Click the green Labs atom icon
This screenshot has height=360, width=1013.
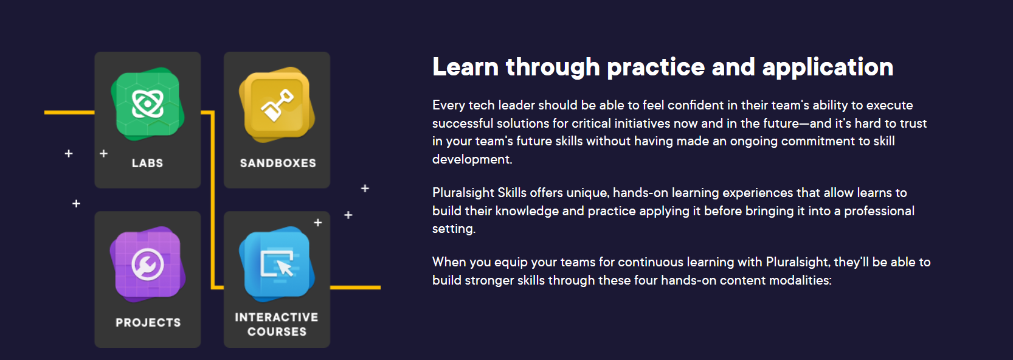147,103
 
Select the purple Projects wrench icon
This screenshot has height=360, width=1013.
147,264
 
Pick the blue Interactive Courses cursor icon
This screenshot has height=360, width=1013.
277,264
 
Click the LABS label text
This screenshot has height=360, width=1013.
147,163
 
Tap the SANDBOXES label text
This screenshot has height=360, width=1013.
278,163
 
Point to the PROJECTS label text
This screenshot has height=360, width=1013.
148,322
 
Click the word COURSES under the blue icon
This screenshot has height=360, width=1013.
277,331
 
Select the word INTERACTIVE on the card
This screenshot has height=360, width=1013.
276,317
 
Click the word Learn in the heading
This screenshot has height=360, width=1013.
465,67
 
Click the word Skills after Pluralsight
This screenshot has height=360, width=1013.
512,193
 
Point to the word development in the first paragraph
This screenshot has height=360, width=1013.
472,159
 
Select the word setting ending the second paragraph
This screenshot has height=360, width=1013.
454,229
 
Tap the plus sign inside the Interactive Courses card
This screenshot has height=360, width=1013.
318,223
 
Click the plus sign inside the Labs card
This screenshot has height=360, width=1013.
103,154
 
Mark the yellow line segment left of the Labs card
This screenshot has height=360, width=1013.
69,112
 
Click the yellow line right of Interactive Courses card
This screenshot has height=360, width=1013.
356,287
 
